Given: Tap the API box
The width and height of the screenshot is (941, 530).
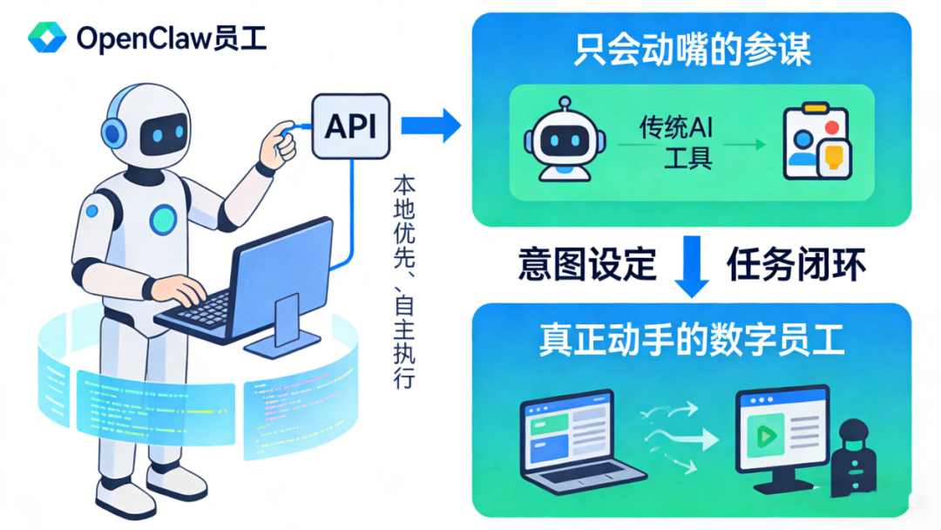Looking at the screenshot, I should click(x=350, y=127).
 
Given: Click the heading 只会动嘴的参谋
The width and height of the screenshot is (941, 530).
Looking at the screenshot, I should click(x=693, y=51).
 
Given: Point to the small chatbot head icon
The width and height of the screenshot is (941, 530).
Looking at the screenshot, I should click(x=559, y=141).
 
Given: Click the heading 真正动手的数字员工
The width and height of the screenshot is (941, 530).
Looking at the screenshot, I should click(x=693, y=341).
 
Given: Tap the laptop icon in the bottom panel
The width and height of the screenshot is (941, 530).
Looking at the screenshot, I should click(x=578, y=441).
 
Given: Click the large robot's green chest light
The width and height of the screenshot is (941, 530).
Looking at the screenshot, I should click(x=163, y=220).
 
